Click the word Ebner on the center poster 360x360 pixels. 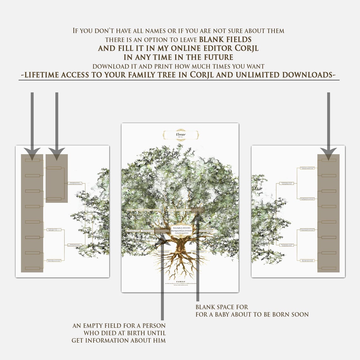(x=181, y=135)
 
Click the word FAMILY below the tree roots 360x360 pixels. (x=179, y=281)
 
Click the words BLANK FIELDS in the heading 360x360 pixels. (x=225, y=39)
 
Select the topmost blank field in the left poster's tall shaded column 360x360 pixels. (x=33, y=160)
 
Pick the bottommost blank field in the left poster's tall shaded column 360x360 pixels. (x=33, y=268)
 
